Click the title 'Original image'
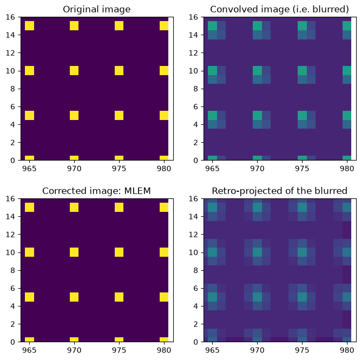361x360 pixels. click(x=97, y=9)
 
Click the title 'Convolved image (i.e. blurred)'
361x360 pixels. click(x=279, y=9)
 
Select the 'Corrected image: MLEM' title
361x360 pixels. click(x=96, y=191)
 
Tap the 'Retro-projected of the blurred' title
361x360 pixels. click(x=279, y=191)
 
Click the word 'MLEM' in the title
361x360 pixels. click(x=137, y=191)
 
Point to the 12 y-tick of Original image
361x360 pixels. click(x=10, y=53)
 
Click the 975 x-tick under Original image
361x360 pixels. click(x=119, y=169)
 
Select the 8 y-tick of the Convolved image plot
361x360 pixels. click(x=196, y=89)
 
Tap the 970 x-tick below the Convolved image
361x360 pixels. click(x=257, y=169)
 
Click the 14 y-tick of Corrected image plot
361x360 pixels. click(x=10, y=217)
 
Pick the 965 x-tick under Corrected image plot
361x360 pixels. click(x=29, y=350)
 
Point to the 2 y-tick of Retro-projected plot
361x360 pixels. click(x=196, y=324)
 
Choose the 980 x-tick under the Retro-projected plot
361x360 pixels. click(x=347, y=350)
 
